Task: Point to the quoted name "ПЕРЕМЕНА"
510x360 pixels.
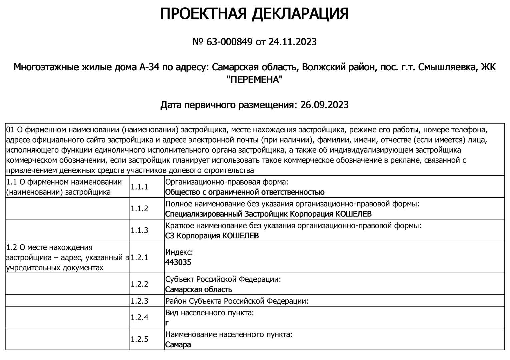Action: click(254, 80)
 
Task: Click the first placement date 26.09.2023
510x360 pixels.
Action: click(324, 105)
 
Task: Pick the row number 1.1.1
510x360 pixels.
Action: click(139, 187)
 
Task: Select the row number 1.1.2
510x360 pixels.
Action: click(139, 209)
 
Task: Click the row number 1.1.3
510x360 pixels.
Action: click(139, 230)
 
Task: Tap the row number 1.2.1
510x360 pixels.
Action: click(139, 257)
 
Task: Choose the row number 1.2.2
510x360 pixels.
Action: click(139, 284)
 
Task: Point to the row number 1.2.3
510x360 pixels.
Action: click(139, 301)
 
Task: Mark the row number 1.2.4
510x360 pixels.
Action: click(139, 317)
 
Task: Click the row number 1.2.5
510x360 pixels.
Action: click(139, 339)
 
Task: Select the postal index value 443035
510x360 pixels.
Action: click(178, 262)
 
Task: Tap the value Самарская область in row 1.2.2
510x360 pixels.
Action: click(199, 289)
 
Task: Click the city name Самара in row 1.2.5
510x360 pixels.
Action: click(178, 345)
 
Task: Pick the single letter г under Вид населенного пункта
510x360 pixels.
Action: click(167, 323)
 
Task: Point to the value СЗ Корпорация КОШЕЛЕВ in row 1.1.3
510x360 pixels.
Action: click(212, 236)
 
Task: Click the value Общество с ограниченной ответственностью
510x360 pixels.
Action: click(245, 192)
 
